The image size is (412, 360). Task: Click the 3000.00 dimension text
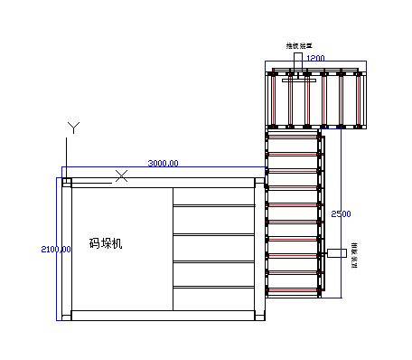pyautogui.click(x=163, y=163)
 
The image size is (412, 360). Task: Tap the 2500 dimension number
pyautogui.click(x=342, y=213)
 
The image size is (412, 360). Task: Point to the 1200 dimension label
pyautogui.click(x=315, y=58)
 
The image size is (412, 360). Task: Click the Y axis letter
pyautogui.click(x=76, y=127)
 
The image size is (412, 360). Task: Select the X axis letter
pyautogui.click(x=122, y=175)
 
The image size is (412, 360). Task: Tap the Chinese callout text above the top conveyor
pyautogui.click(x=298, y=45)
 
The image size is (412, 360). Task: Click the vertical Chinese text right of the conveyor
pyautogui.click(x=354, y=253)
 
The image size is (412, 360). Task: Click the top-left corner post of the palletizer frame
pyautogui.click(x=66, y=182)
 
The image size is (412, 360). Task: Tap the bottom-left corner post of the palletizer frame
pyautogui.click(x=66, y=316)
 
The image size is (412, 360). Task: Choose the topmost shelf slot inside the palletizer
pyautogui.click(x=214, y=196)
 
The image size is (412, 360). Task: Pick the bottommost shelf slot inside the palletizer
pyautogui.click(x=214, y=298)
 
